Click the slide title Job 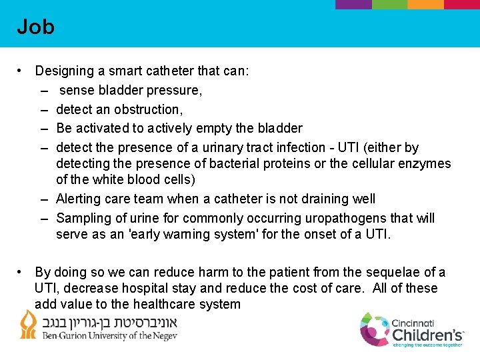tap(35, 27)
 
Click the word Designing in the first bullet tap(65, 71)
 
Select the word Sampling tap(83, 218)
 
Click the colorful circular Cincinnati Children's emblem tap(375, 329)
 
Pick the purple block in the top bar tap(353, 4)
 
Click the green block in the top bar tap(389, 4)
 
